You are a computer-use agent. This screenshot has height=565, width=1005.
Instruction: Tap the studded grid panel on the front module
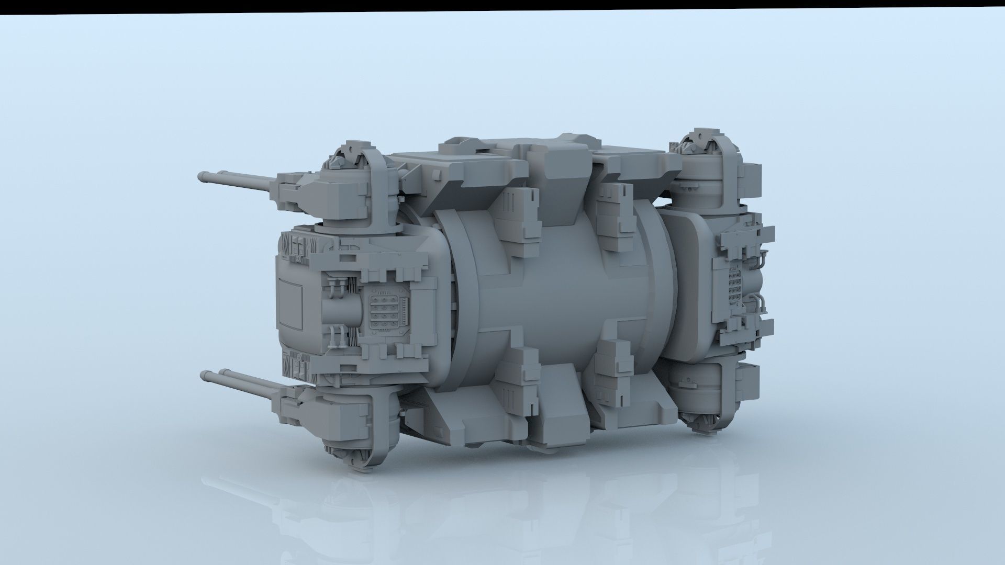385,313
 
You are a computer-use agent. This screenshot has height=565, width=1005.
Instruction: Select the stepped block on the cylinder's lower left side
518,377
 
